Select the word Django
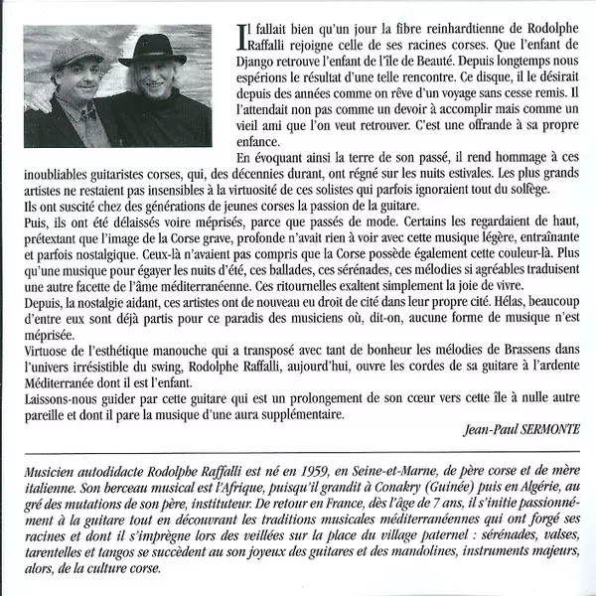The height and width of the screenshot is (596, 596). point(259,63)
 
